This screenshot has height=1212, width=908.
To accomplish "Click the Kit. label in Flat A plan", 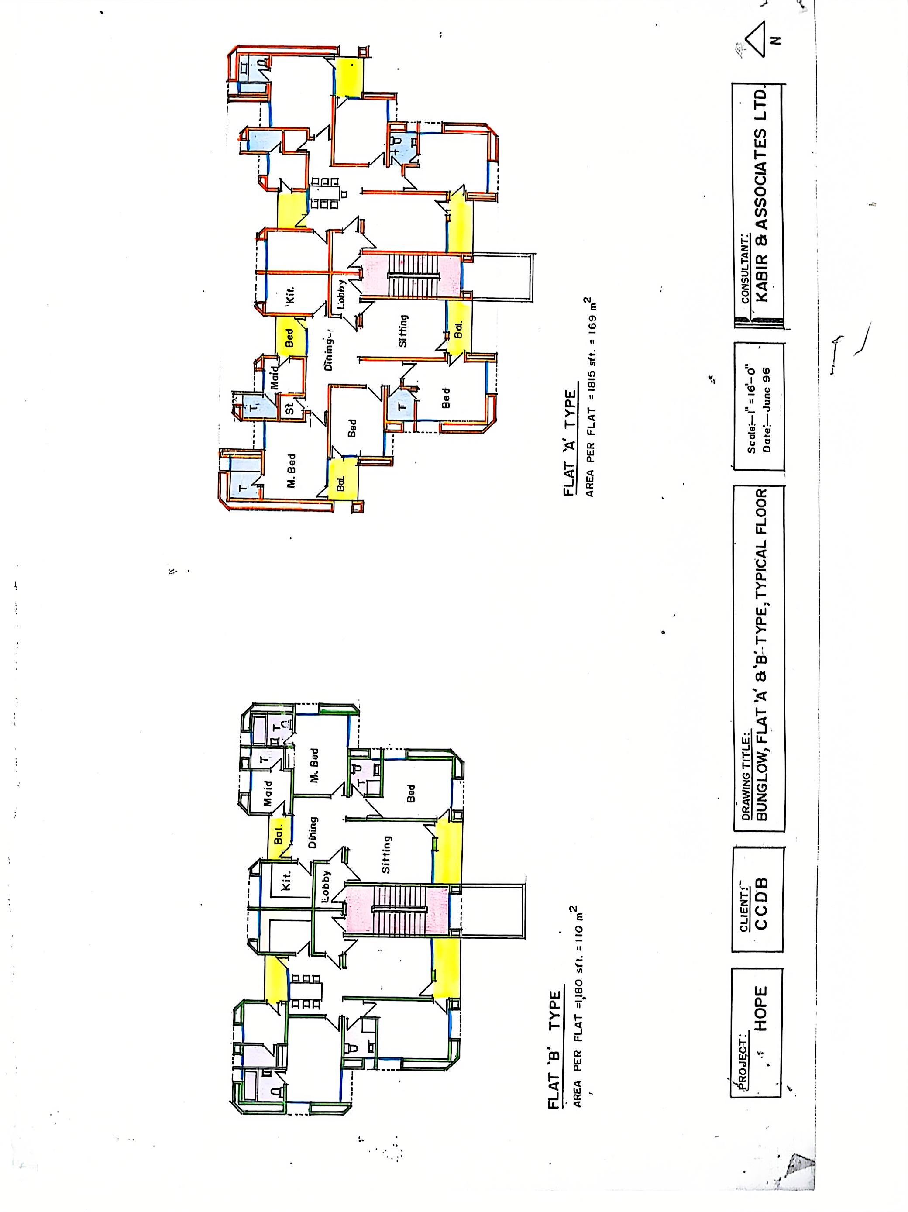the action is coord(290,295).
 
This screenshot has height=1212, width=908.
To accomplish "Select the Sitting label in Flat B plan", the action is coord(386,854).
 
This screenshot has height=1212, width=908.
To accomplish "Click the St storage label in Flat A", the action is coord(290,408).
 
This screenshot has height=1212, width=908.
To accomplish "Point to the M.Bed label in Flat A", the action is coord(291,470).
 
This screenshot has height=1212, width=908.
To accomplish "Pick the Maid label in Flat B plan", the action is coord(268,793).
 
